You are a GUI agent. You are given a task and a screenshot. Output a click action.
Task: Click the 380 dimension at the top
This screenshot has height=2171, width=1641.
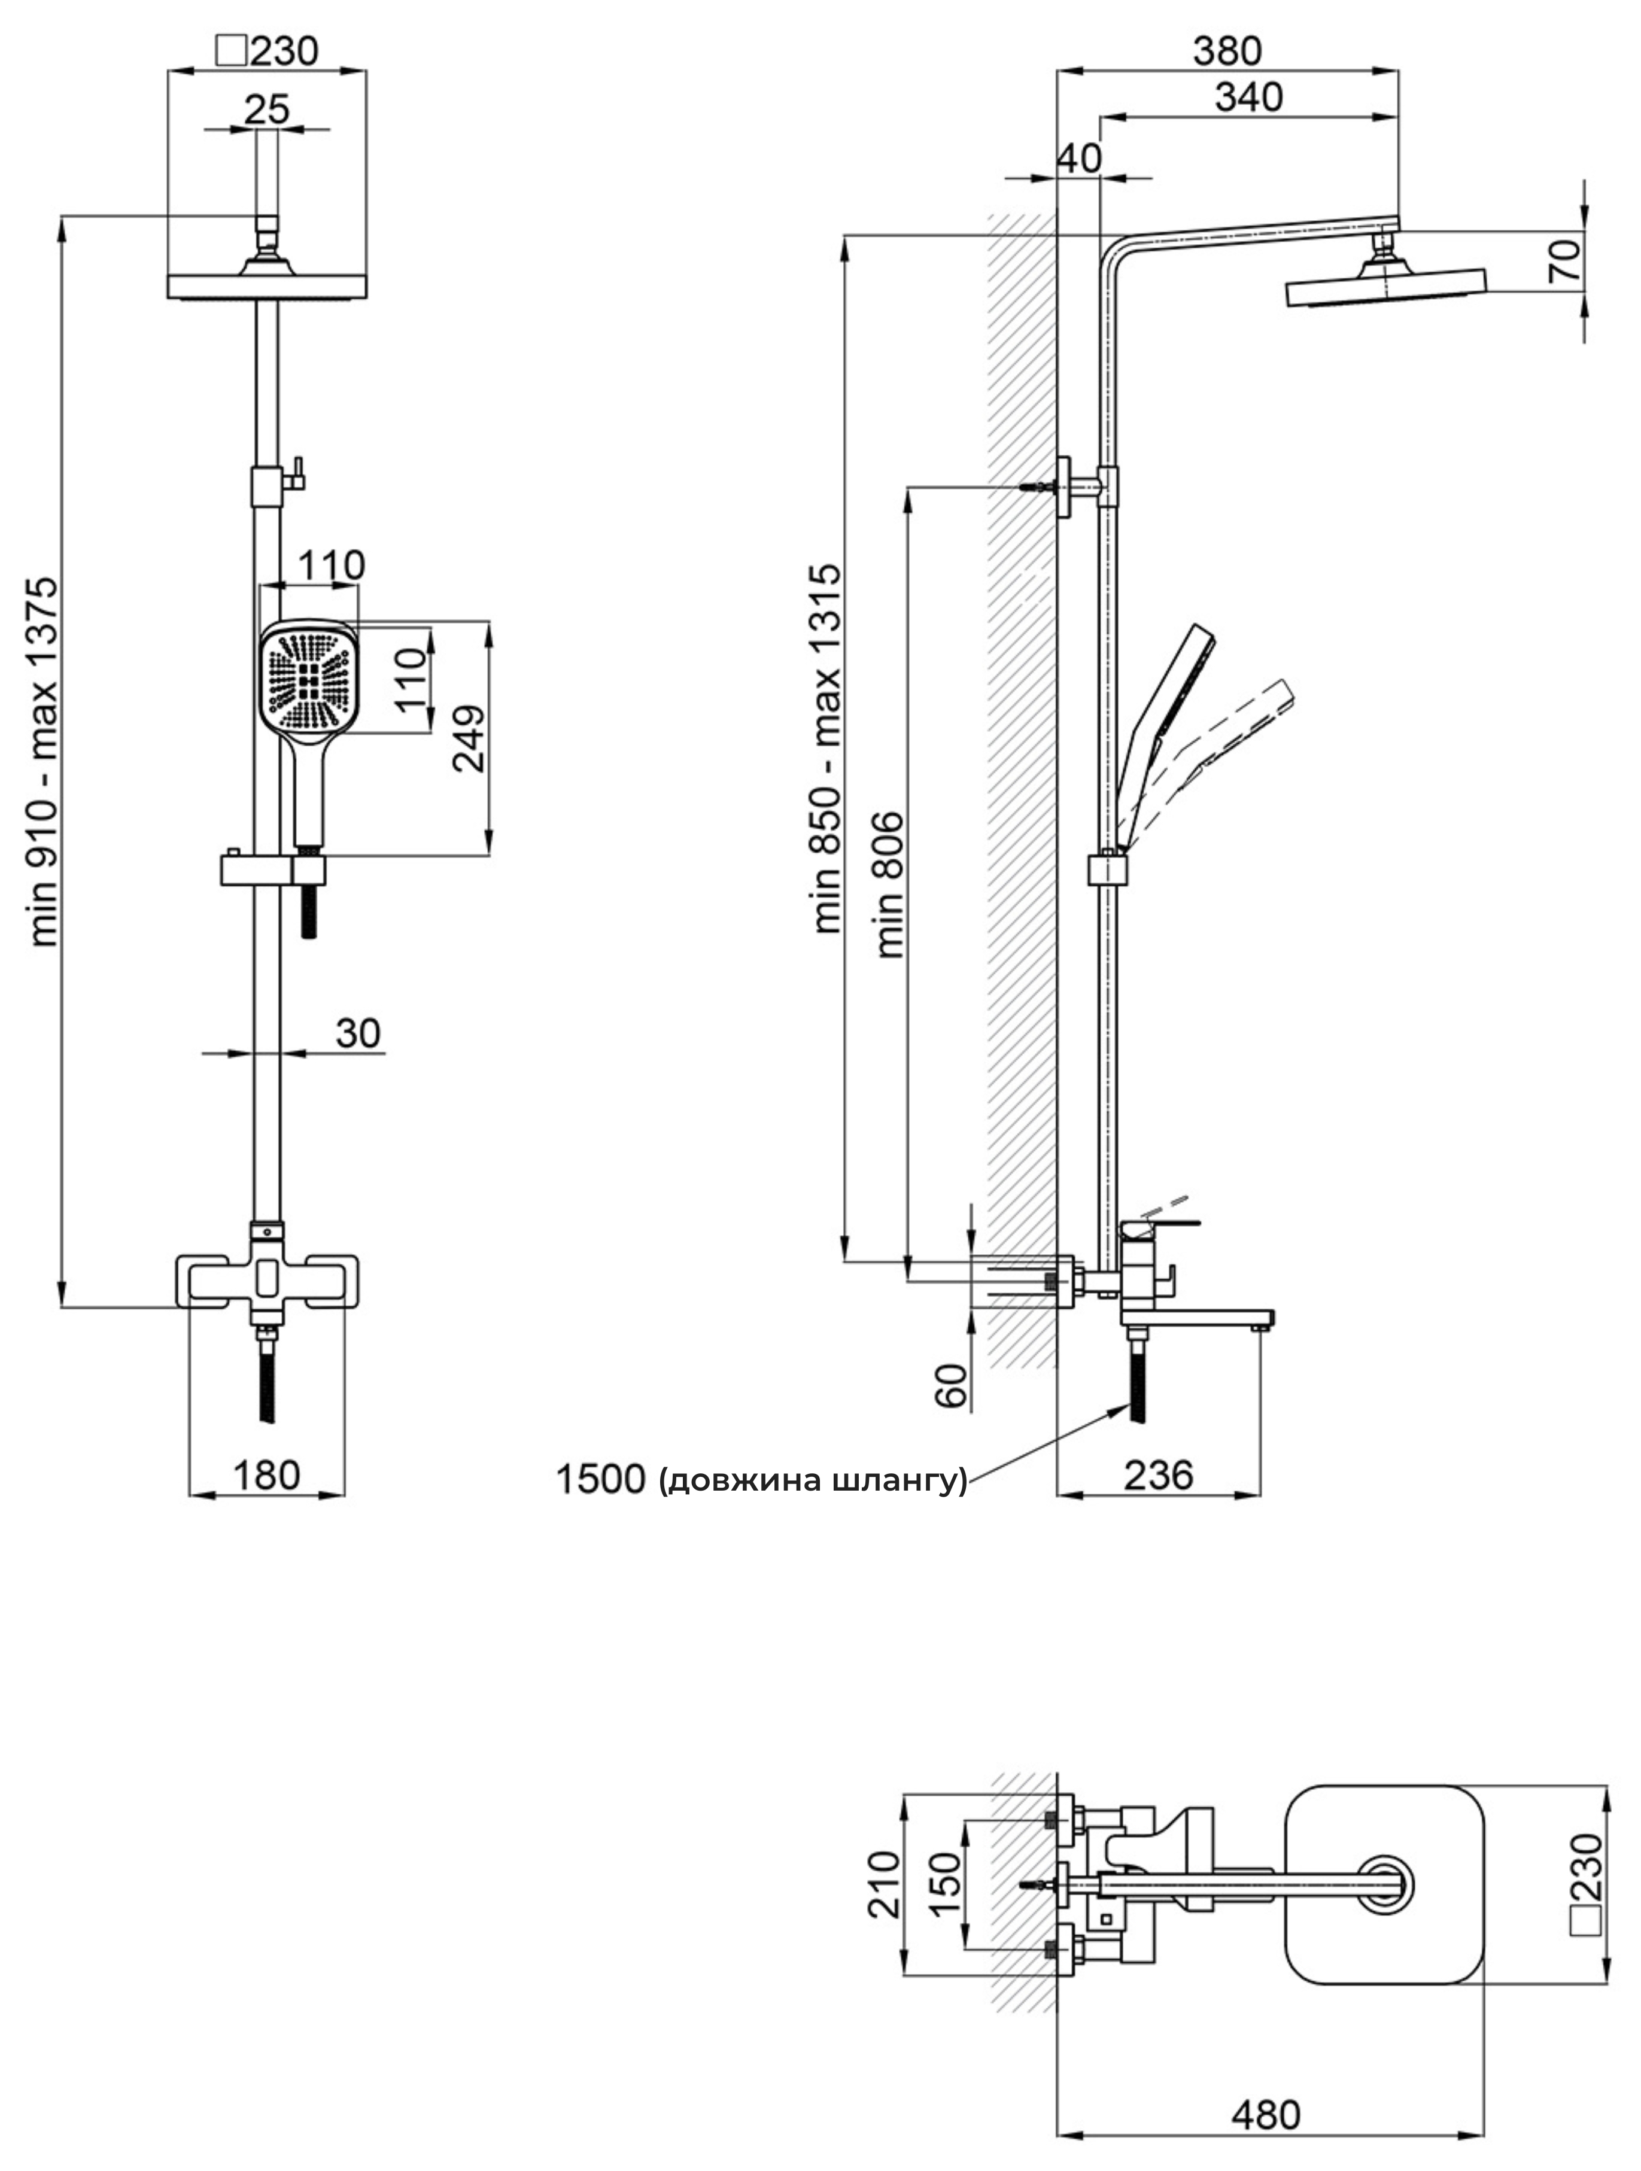coord(1227,50)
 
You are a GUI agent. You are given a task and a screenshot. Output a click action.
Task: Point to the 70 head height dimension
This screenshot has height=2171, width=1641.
coord(1566,260)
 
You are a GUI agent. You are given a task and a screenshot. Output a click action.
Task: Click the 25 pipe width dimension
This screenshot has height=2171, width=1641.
coord(267,109)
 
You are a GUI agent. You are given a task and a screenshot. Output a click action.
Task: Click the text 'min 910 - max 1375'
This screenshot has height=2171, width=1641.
coord(44,762)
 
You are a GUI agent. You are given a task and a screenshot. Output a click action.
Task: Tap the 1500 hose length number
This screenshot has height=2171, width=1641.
coord(601,1479)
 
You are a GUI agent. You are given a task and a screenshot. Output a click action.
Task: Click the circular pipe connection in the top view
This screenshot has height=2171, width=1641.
coord(1387,1883)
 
